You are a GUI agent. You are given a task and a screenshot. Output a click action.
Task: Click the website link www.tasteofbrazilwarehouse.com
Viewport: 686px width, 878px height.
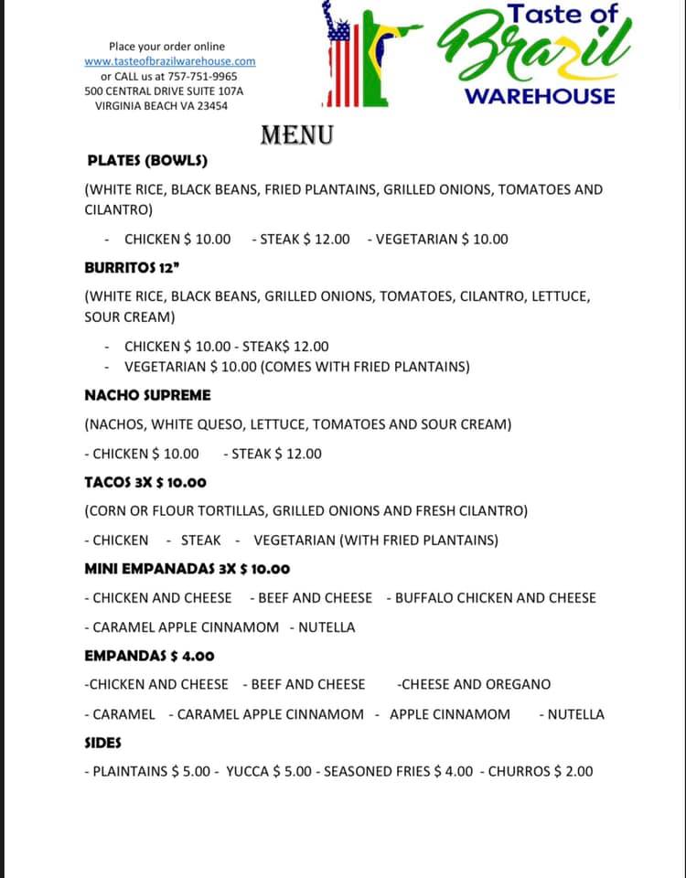click(x=170, y=61)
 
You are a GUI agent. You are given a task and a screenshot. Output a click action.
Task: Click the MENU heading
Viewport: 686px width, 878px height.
click(x=296, y=135)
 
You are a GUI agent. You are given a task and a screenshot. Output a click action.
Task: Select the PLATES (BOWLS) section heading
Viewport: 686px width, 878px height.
click(x=146, y=161)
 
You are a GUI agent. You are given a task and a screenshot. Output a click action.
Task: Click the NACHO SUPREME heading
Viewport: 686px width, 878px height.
click(x=147, y=395)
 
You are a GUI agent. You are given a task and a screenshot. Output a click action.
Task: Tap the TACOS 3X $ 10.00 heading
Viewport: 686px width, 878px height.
click(x=145, y=482)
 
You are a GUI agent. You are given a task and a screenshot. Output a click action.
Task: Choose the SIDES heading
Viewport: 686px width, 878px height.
click(x=102, y=743)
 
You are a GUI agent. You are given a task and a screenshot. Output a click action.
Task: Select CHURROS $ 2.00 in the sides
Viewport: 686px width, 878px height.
click(x=540, y=771)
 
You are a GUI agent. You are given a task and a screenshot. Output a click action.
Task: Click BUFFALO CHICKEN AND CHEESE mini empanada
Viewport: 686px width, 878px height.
click(x=495, y=598)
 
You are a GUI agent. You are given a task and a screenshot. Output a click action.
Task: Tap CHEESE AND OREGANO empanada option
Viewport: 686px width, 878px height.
click(x=475, y=684)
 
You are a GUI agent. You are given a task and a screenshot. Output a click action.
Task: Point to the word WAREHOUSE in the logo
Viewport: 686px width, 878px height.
click(x=541, y=96)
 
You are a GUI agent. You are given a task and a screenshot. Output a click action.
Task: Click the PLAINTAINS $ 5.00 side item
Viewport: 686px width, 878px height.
click(x=151, y=771)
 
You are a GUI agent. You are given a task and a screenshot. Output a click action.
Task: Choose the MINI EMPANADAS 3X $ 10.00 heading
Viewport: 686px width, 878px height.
click(x=187, y=569)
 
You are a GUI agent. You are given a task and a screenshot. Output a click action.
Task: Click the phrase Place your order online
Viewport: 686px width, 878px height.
click(x=166, y=46)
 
